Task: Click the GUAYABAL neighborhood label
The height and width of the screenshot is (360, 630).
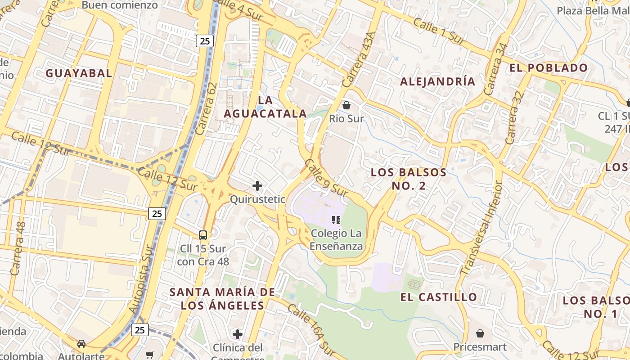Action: [78, 73]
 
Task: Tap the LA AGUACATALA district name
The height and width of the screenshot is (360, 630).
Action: [265, 107]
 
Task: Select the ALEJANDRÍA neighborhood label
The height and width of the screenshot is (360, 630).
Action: [437, 81]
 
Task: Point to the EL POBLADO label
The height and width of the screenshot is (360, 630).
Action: [549, 68]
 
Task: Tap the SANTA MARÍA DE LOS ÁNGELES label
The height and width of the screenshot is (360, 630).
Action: [222, 299]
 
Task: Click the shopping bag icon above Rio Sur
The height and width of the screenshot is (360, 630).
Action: [346, 106]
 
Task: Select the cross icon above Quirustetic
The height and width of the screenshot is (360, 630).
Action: [257, 186]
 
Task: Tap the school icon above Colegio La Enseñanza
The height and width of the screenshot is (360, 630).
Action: [336, 220]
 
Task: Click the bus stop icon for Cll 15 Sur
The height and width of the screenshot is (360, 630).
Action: [203, 235]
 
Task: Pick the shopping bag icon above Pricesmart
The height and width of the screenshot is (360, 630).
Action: [480, 333]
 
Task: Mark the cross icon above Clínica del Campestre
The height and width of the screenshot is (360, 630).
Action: [238, 334]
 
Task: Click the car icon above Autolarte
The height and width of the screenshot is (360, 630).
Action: [81, 344]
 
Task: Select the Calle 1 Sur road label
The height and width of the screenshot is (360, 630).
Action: [438, 31]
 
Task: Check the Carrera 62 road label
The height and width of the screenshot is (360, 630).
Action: [207, 108]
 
